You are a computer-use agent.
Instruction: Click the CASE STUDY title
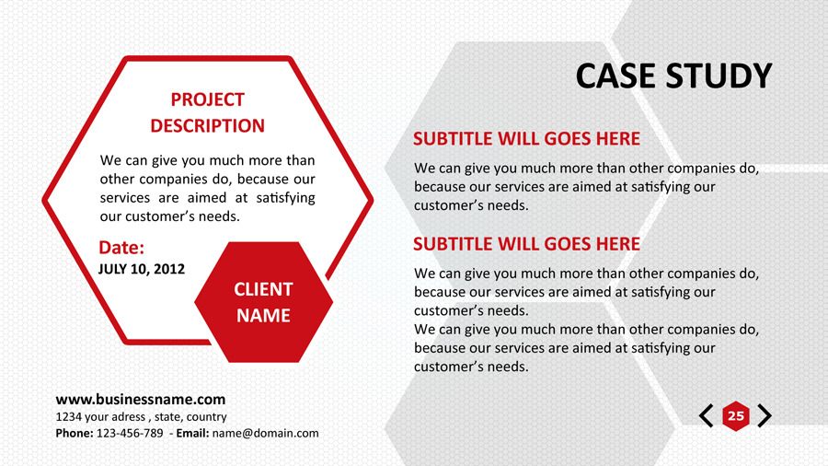pyautogui.click(x=673, y=76)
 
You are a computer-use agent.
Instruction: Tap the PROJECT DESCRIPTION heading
pyautogui.click(x=208, y=112)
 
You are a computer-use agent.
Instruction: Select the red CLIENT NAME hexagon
pyautogui.click(x=263, y=302)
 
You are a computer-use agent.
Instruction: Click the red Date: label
pyautogui.click(x=121, y=247)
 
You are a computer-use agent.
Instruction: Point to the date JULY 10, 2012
pyautogui.click(x=142, y=269)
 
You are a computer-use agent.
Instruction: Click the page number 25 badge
pyautogui.click(x=736, y=415)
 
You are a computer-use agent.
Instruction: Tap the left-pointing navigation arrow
pyautogui.click(x=707, y=415)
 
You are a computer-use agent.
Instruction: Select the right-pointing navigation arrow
pyautogui.click(x=765, y=415)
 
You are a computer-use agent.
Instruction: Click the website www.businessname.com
pyautogui.click(x=141, y=400)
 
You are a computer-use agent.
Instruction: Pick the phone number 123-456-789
pyautogui.click(x=130, y=433)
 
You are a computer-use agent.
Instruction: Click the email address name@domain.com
pyautogui.click(x=266, y=433)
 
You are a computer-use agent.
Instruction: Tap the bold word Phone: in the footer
pyautogui.click(x=75, y=433)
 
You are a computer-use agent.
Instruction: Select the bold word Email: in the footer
pyautogui.click(x=193, y=433)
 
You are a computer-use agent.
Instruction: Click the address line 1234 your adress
pyautogui.click(x=100, y=417)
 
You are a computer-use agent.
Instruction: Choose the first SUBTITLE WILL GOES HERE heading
pyautogui.click(x=526, y=139)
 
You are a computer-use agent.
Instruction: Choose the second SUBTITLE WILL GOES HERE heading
pyautogui.click(x=526, y=244)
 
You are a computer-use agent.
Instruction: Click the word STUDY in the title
pyautogui.click(x=719, y=76)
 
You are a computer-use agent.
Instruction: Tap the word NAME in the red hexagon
pyautogui.click(x=263, y=315)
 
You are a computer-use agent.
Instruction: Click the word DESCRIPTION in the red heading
pyautogui.click(x=208, y=126)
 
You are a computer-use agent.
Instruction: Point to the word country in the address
pyautogui.click(x=206, y=417)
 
